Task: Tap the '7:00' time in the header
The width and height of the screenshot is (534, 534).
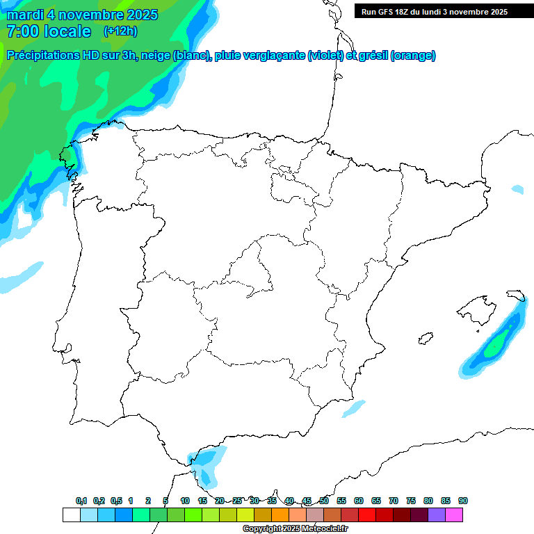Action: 22,31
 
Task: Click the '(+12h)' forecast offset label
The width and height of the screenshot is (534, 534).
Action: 120,31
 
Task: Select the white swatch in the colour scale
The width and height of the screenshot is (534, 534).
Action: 71,515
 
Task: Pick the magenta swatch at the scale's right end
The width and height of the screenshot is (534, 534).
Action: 454,515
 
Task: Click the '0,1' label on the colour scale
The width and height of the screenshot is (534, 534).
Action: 81,501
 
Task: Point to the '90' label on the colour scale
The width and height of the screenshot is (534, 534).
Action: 463,501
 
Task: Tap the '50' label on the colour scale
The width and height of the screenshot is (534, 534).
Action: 324,501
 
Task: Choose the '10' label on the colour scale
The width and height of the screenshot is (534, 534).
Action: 185,501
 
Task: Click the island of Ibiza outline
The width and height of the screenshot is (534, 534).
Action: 424,339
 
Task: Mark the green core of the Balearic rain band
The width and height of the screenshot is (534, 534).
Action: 496,345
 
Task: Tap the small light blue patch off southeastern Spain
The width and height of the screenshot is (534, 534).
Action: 353,409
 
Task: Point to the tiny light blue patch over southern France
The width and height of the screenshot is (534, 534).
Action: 517,188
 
